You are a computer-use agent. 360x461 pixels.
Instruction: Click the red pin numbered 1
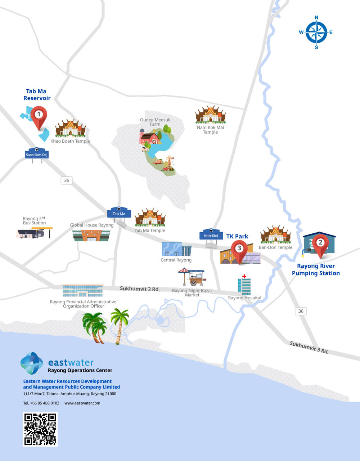tap(39, 116)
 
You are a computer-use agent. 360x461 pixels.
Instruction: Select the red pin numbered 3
tap(239, 249)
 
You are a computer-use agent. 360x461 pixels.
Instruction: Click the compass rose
tap(316, 32)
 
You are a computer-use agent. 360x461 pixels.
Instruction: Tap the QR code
tap(40, 429)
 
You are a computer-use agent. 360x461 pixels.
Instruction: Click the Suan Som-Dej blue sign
tap(37, 154)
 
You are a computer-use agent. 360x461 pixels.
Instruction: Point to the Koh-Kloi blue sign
tap(211, 235)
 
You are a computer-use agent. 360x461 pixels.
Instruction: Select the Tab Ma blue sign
tap(119, 213)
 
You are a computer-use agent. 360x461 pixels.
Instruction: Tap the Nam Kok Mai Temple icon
tap(211, 115)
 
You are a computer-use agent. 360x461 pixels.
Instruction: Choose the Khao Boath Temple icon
tap(70, 129)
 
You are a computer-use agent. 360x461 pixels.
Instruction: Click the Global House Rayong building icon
tap(91, 235)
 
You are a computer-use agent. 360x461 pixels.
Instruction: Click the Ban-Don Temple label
tap(275, 247)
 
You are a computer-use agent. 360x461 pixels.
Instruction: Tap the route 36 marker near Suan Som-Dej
tap(67, 180)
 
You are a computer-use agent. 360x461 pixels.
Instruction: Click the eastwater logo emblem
tap(32, 363)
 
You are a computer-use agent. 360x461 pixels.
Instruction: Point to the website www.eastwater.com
tap(82, 403)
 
